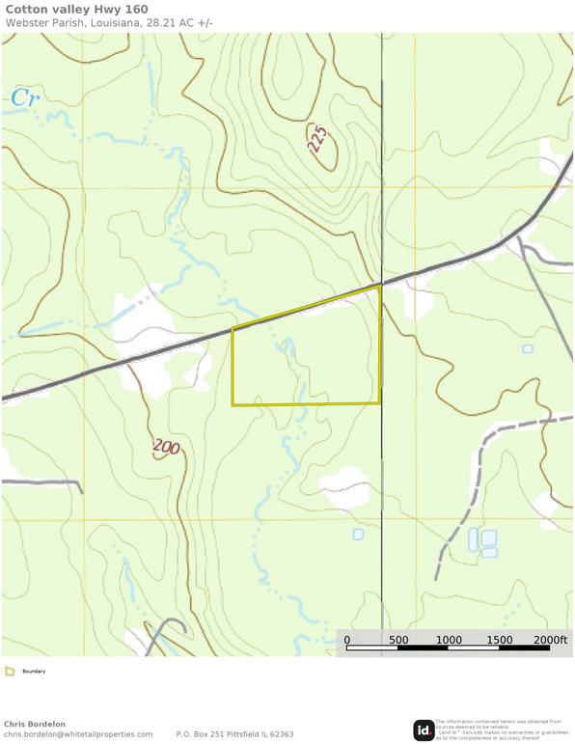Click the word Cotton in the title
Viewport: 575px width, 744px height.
[27, 9]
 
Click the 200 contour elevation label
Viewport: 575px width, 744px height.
[166, 448]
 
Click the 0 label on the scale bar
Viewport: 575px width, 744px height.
[347, 640]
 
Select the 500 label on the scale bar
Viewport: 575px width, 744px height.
[397, 640]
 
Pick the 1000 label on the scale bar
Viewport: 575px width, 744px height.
[449, 640]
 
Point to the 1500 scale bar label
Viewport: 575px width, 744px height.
[500, 640]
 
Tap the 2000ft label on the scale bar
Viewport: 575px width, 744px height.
[550, 640]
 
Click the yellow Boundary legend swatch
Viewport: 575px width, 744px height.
[10, 671]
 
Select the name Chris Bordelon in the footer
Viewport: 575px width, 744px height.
[35, 724]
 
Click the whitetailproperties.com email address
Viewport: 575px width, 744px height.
[78, 734]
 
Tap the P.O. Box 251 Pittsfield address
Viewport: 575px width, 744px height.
[234, 734]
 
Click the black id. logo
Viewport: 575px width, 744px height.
[424, 730]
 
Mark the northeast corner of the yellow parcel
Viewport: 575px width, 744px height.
[380, 286]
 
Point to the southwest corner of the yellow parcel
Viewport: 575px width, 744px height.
[233, 404]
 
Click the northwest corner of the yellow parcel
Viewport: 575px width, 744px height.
[233, 330]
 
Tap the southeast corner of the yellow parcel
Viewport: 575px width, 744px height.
[379, 402]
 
